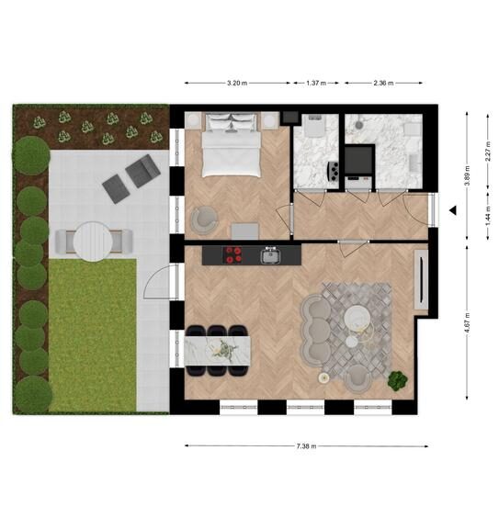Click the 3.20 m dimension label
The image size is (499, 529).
[237, 83]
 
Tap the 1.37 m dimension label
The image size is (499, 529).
[316, 83]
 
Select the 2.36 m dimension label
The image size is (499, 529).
[383, 83]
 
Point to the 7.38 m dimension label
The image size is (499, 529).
[306, 446]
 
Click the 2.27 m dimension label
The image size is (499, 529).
[488, 152]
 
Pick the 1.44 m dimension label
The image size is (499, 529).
[488, 216]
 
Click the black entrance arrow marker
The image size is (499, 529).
[453, 210]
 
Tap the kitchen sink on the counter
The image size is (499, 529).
[271, 255]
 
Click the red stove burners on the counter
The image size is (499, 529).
[233, 254]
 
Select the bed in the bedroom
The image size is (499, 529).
[232, 145]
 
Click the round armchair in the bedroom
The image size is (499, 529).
[204, 220]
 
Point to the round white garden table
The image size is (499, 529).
[93, 242]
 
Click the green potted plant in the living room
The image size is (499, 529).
[397, 381]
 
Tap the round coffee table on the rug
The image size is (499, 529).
[357, 319]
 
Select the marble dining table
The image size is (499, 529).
[218, 351]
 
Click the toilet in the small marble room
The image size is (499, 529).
[315, 125]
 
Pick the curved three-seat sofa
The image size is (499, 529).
[316, 331]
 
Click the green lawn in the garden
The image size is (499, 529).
[93, 335]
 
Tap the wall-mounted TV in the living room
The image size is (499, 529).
[421, 279]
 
